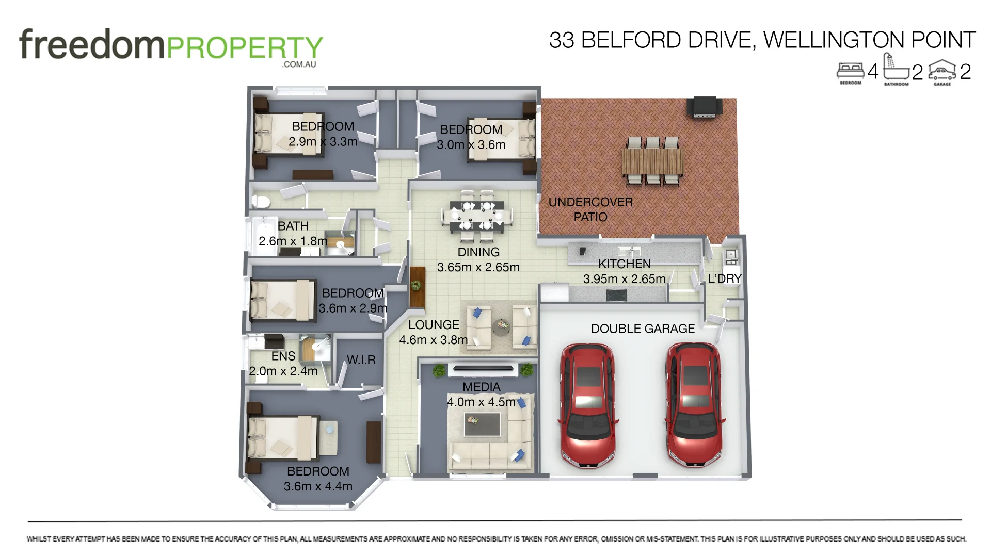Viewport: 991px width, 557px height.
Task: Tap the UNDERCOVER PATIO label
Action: (590, 209)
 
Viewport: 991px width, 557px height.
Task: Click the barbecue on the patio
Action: (704, 107)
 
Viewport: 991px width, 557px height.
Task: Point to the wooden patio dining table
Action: (652, 161)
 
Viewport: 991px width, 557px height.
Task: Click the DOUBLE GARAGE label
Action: (643, 329)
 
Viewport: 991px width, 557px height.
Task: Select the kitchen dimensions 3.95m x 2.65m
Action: (624, 279)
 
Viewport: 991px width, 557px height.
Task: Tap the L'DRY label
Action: (724, 278)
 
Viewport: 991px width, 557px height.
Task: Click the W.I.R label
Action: (361, 360)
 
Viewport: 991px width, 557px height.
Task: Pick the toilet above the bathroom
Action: (261, 201)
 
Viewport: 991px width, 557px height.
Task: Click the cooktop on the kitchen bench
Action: (616, 296)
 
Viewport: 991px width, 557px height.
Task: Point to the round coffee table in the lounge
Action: (500, 326)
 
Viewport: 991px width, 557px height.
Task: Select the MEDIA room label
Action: (481, 387)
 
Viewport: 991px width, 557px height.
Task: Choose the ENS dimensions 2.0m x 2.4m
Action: (283, 371)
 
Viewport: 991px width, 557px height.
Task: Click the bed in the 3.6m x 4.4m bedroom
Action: (283, 437)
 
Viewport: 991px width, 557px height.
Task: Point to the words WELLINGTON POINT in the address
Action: (869, 40)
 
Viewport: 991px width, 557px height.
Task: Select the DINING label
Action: (478, 252)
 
